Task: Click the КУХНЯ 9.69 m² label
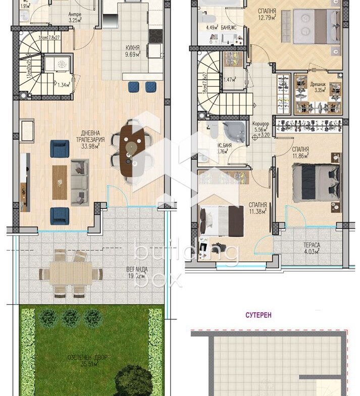133,51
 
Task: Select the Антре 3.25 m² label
75,18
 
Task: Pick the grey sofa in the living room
80,181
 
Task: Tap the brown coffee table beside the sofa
60,182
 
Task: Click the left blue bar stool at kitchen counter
133,87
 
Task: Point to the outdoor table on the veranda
71,273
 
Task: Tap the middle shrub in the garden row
70,318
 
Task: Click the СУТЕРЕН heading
259,315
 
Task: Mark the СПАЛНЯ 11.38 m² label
258,208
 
